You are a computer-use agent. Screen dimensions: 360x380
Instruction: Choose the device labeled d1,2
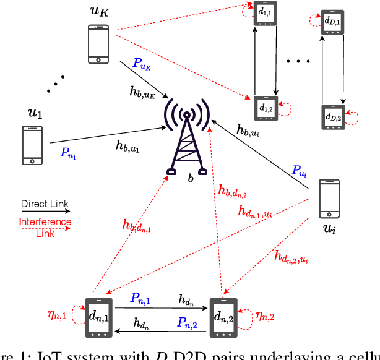266,108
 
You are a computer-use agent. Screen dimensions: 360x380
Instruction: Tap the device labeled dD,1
332,22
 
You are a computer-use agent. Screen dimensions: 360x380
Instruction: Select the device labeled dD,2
333,117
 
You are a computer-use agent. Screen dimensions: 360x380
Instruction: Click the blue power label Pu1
69,153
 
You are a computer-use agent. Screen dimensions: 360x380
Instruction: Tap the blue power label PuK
142,64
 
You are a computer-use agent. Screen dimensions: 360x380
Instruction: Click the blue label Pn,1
140,298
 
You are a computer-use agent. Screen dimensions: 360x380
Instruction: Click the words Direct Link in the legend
45,204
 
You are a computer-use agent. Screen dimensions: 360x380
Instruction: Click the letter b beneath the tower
191,178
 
